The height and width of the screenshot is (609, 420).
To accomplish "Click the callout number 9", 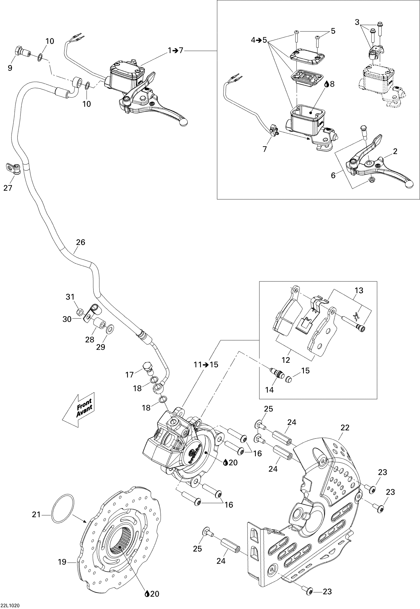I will point(10,68).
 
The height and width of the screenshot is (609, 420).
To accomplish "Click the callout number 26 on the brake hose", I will point(81,242).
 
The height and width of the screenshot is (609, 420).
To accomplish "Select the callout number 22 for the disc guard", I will point(345,428).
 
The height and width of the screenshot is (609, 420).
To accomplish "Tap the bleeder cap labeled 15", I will point(289,379).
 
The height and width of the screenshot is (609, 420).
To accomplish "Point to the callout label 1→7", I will point(176,50).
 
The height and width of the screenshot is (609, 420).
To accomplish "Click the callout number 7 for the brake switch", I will point(265,149).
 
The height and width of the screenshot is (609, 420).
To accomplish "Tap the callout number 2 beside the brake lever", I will point(395,151).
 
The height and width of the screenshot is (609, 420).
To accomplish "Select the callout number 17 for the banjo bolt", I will point(130,375).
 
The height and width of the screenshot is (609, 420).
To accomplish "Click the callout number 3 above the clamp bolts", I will point(357,22).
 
